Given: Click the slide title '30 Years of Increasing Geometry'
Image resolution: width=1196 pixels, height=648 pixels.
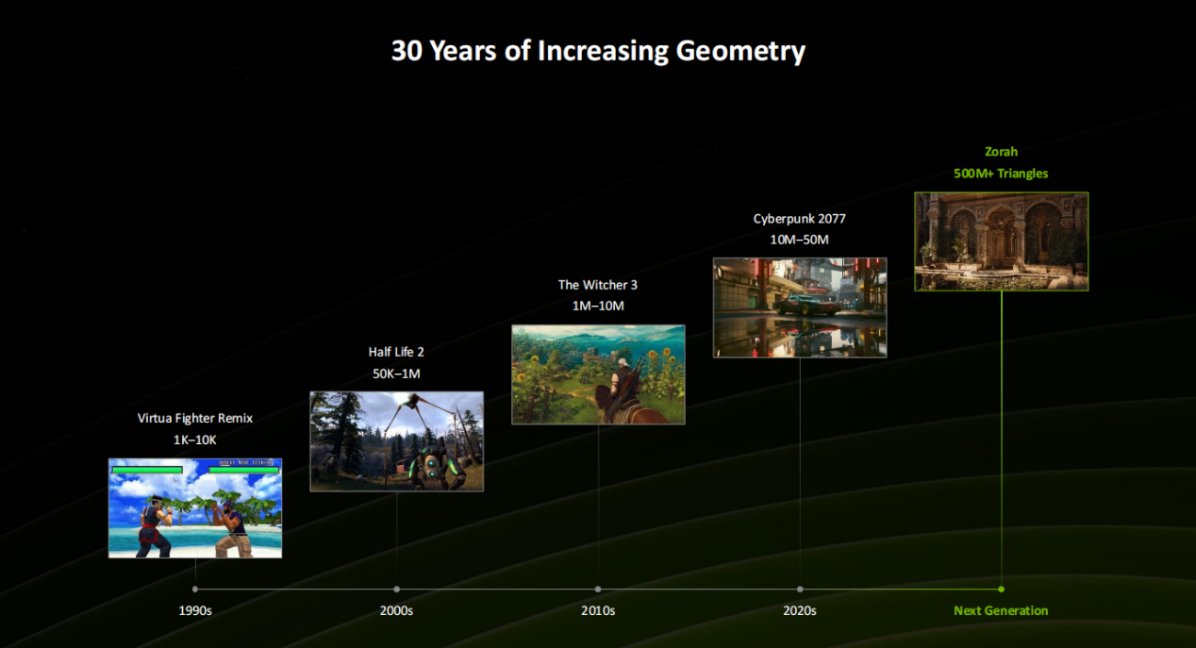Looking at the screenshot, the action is [x=598, y=51].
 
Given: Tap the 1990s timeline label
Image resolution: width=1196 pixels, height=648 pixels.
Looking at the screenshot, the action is [x=195, y=610].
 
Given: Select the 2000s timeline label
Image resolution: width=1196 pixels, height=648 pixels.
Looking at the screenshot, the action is [x=396, y=610].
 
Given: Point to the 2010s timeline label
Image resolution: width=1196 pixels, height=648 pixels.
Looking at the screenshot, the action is [x=598, y=610].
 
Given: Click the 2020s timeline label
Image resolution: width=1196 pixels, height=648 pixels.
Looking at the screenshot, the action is [x=799, y=610].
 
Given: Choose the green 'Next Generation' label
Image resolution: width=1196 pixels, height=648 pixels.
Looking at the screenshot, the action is [x=1001, y=610].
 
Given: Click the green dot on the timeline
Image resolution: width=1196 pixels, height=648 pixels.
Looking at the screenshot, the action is [x=1001, y=590].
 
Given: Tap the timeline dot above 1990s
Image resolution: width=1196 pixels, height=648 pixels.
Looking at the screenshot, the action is [x=195, y=590].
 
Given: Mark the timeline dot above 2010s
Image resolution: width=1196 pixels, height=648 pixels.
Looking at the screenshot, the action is [x=598, y=590].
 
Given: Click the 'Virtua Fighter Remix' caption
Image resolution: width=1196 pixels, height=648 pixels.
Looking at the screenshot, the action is [x=195, y=419].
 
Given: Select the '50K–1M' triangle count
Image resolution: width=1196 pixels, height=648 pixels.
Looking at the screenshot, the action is [x=396, y=374].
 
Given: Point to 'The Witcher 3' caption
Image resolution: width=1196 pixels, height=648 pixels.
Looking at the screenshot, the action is [x=598, y=285].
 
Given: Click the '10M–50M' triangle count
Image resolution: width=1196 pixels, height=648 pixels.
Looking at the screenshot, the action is [x=799, y=240].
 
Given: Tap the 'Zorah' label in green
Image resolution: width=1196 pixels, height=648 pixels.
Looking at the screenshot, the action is [x=1001, y=152].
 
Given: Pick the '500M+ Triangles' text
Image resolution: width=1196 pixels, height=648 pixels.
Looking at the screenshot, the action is [x=1001, y=174].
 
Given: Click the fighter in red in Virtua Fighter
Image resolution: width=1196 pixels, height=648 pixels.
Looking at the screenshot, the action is [x=155, y=525].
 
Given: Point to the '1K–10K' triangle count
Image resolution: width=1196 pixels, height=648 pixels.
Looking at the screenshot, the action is [x=195, y=440].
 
